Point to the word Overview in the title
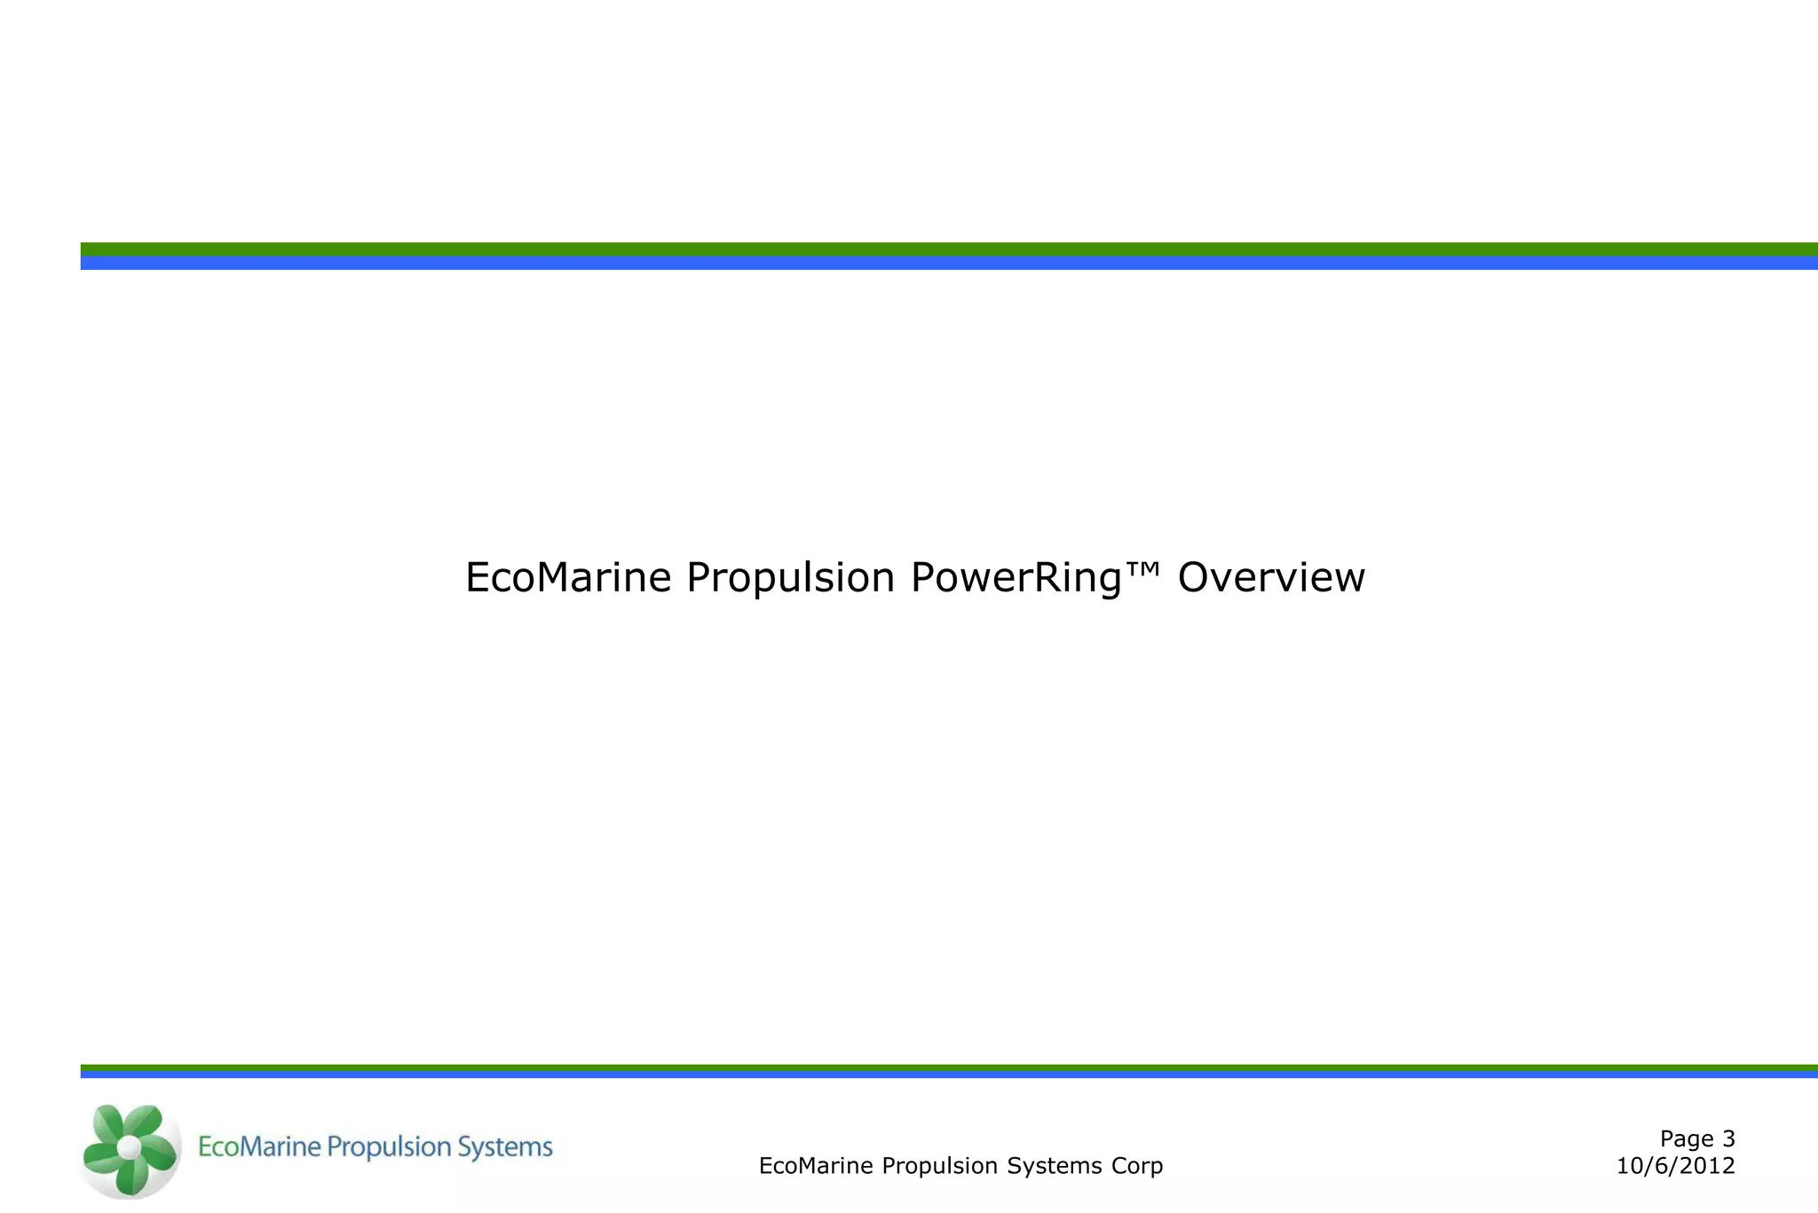(1270, 577)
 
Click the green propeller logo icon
(130, 1149)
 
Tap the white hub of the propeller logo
(130, 1147)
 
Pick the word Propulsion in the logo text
(387, 1148)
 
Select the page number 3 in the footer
(1727, 1138)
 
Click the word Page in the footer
(1687, 1139)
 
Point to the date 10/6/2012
(1675, 1166)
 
